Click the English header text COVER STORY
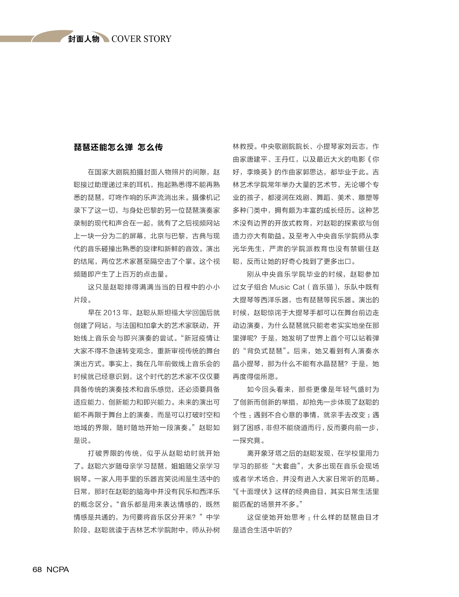pyautogui.click(x=141, y=39)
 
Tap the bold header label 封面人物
pyautogui.click(x=84, y=39)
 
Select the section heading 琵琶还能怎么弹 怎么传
pyautogui.click(x=118, y=147)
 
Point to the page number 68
pyautogui.click(x=37, y=569)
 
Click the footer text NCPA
pyautogui.click(x=58, y=569)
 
